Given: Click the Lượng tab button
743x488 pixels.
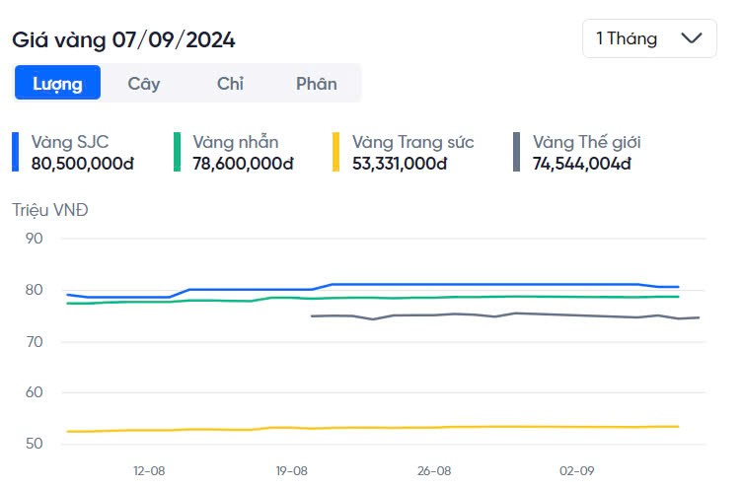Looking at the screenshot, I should [57, 84].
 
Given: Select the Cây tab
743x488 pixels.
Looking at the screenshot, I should [144, 84].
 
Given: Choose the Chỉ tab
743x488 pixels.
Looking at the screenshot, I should [230, 84].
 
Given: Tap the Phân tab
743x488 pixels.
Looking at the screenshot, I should [316, 84].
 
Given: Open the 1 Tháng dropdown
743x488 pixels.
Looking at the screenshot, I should [648, 38].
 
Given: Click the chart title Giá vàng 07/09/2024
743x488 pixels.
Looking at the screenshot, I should [123, 40].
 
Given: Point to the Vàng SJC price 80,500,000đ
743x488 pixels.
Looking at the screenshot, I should [83, 163].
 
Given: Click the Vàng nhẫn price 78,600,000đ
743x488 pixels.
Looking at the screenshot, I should [243, 163].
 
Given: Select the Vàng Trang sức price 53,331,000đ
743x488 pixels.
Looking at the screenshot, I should [400, 163].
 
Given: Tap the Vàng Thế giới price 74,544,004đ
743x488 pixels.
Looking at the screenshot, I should [581, 163].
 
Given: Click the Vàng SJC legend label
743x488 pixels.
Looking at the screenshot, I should [71, 142].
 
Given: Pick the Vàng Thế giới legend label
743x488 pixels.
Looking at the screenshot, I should [587, 142].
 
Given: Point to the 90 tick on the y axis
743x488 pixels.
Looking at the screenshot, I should [34, 238].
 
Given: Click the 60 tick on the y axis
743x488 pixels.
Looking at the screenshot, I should [34, 392].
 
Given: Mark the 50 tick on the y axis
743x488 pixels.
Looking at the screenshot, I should [34, 444].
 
